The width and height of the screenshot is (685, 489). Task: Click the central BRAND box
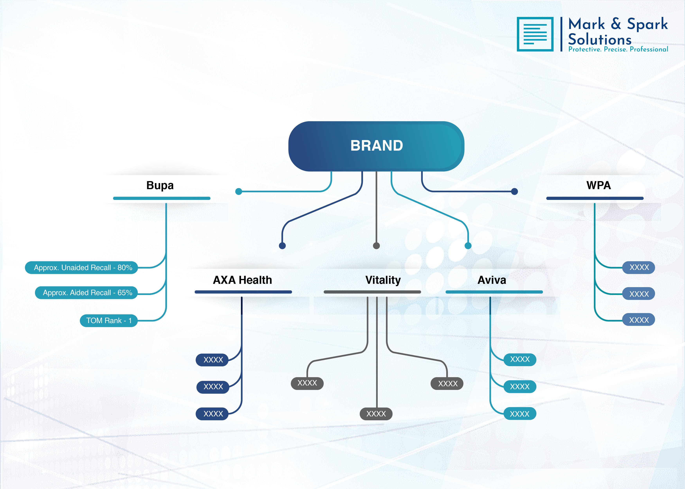pos(376,146)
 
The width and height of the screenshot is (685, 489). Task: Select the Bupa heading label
pos(160,185)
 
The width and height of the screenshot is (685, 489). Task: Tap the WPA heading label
pos(598,185)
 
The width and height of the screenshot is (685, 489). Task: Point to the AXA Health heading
pos(242,280)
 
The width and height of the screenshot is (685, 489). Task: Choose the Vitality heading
pos(383,280)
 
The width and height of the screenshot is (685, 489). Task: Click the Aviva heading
pos(492,280)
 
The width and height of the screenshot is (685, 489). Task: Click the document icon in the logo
pos(535,34)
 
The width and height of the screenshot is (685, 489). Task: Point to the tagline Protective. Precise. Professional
pos(618,49)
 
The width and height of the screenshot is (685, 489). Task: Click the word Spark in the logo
pos(647,24)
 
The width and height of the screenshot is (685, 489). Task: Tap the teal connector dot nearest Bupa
pos(239,191)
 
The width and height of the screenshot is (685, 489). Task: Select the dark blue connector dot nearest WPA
pos(515,191)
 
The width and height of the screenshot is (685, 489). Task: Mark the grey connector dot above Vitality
pos(376,246)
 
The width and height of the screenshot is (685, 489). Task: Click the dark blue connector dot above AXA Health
pos(282,246)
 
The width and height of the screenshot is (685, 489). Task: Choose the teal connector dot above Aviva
pos(468,246)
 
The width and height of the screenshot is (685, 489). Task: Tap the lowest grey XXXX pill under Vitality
pos(376,414)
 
